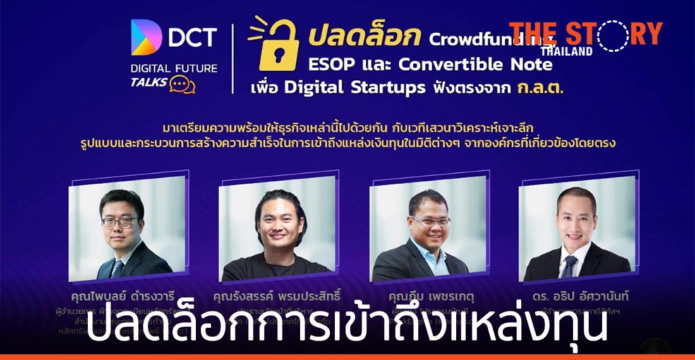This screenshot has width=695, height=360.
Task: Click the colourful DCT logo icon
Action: tap(147, 37)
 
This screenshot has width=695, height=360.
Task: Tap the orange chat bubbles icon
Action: tap(182, 85)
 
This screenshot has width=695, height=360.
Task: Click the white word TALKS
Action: tap(148, 83)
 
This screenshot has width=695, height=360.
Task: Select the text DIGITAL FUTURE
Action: tap(173, 68)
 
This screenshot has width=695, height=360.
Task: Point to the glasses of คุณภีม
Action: tap(430, 221)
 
